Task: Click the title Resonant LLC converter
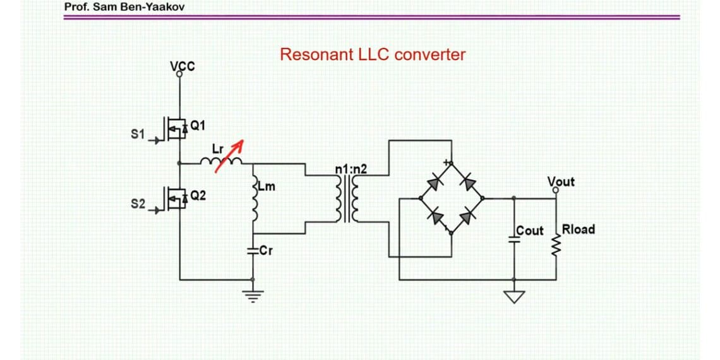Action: point(373,54)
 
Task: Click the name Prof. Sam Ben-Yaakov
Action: point(119,8)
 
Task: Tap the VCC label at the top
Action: point(183,66)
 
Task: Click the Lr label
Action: point(217,150)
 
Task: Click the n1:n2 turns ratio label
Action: point(351,169)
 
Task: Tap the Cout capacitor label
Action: point(529,231)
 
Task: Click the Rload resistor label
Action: point(577,229)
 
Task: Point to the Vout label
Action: point(561,182)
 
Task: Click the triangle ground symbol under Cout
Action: point(514,295)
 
